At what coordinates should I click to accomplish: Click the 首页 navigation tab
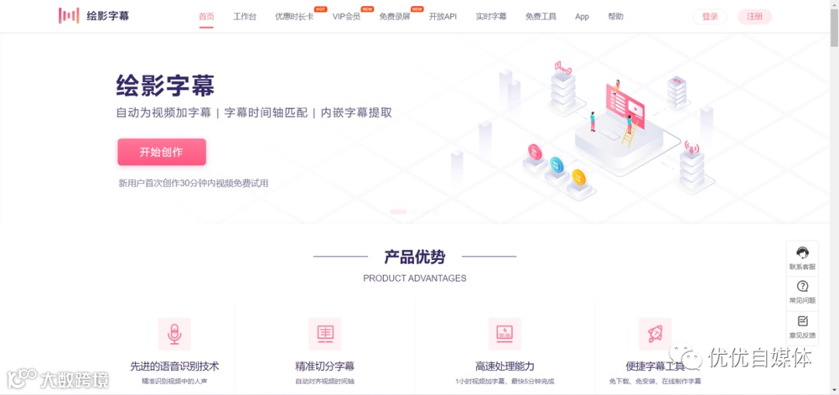pyautogui.click(x=206, y=16)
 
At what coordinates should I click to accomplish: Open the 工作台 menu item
pyautogui.click(x=245, y=16)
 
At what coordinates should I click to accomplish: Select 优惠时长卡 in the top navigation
pyautogui.click(x=294, y=16)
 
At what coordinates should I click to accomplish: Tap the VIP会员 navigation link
pyautogui.click(x=346, y=16)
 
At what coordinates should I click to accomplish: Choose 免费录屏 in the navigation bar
pyautogui.click(x=395, y=16)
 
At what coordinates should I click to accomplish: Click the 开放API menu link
pyautogui.click(x=443, y=16)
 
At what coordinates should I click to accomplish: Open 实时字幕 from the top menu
pyautogui.click(x=491, y=16)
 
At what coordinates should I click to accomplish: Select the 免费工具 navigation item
pyautogui.click(x=541, y=16)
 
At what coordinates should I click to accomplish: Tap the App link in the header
pyautogui.click(x=582, y=16)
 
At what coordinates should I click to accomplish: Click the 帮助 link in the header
pyautogui.click(x=615, y=16)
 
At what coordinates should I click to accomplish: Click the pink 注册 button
pyautogui.click(x=754, y=16)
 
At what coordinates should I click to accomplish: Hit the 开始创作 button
pyautogui.click(x=162, y=152)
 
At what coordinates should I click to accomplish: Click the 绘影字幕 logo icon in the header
pyautogui.click(x=69, y=16)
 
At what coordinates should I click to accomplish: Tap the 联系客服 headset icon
pyautogui.click(x=802, y=253)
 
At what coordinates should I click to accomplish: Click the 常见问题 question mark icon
pyautogui.click(x=802, y=286)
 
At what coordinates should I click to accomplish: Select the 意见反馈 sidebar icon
pyautogui.click(x=802, y=321)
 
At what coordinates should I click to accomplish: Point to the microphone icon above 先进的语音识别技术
pyautogui.click(x=175, y=334)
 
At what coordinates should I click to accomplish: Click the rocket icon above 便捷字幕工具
pyautogui.click(x=655, y=334)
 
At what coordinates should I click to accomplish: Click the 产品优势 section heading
pyautogui.click(x=415, y=257)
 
